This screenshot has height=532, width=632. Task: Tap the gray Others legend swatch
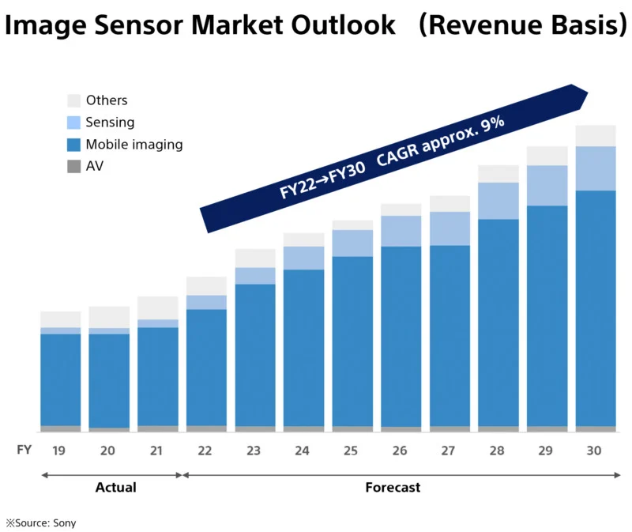(x=73, y=100)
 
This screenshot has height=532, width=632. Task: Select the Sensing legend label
(x=110, y=123)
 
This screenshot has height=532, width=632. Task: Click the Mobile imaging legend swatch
(x=73, y=145)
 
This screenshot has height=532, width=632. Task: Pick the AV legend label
(x=94, y=167)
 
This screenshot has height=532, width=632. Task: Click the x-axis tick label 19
(x=58, y=451)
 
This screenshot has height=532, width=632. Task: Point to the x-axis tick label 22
(x=205, y=451)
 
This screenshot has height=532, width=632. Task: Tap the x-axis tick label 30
(x=595, y=451)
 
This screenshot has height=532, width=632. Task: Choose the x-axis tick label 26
(x=401, y=451)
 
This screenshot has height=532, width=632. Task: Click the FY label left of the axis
(x=24, y=451)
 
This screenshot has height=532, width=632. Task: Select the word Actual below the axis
(x=115, y=488)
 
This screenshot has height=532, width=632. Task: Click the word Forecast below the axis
(x=393, y=488)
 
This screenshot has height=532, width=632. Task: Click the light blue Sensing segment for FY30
(x=595, y=168)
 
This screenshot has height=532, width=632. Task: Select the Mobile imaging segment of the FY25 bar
(x=352, y=340)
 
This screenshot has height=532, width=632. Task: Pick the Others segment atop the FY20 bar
(x=108, y=316)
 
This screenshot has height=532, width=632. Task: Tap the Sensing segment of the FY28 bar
(x=498, y=201)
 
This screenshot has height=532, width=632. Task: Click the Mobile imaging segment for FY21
(x=157, y=375)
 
